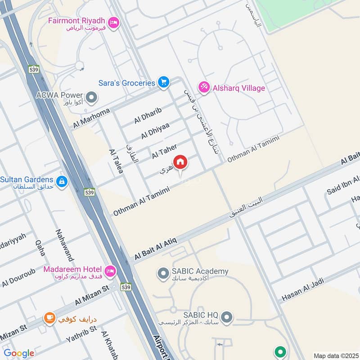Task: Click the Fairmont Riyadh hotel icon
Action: (x=114, y=22)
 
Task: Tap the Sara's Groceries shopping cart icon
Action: (x=163, y=82)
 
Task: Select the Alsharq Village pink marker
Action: (x=204, y=88)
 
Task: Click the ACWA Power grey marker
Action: (x=92, y=97)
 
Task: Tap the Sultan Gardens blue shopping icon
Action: (x=62, y=181)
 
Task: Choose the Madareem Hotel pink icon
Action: (x=109, y=271)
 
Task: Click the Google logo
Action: (x=19, y=353)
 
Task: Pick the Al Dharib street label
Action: (x=147, y=116)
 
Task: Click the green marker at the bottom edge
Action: (x=280, y=351)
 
